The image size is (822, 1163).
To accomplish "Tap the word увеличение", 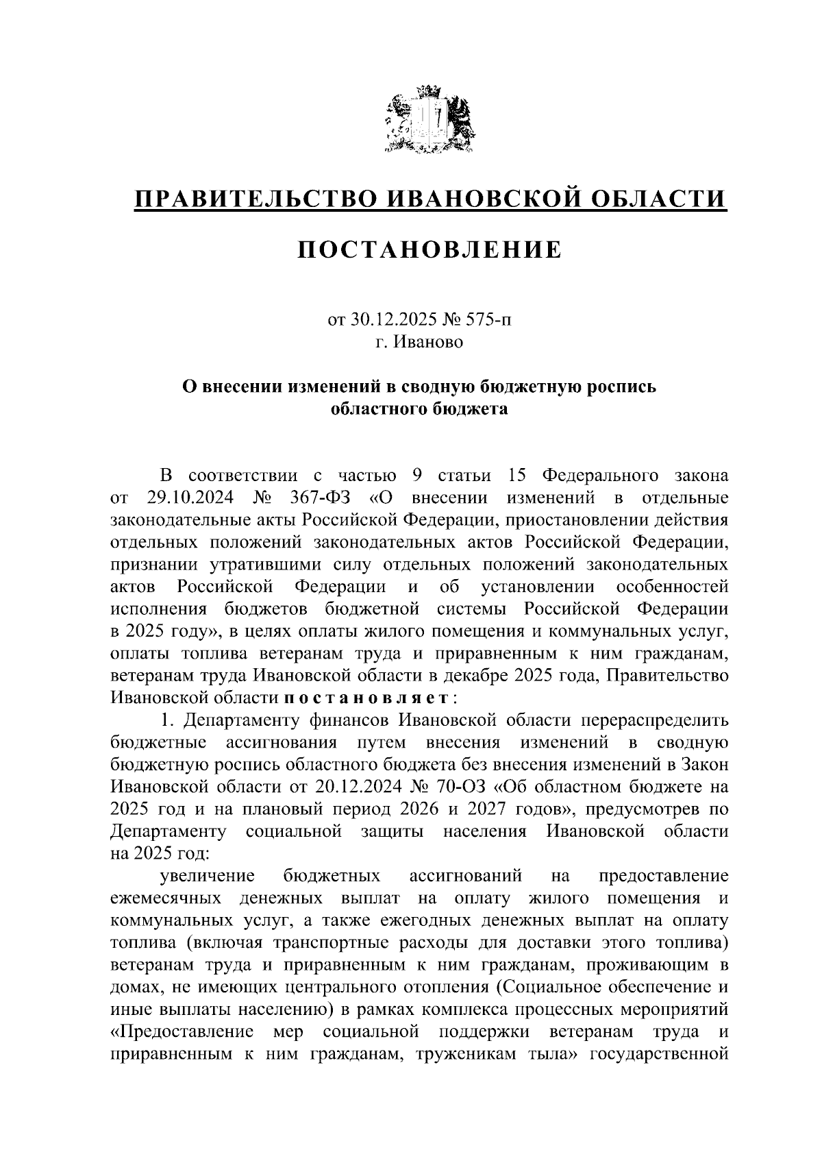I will [x=208, y=876].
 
